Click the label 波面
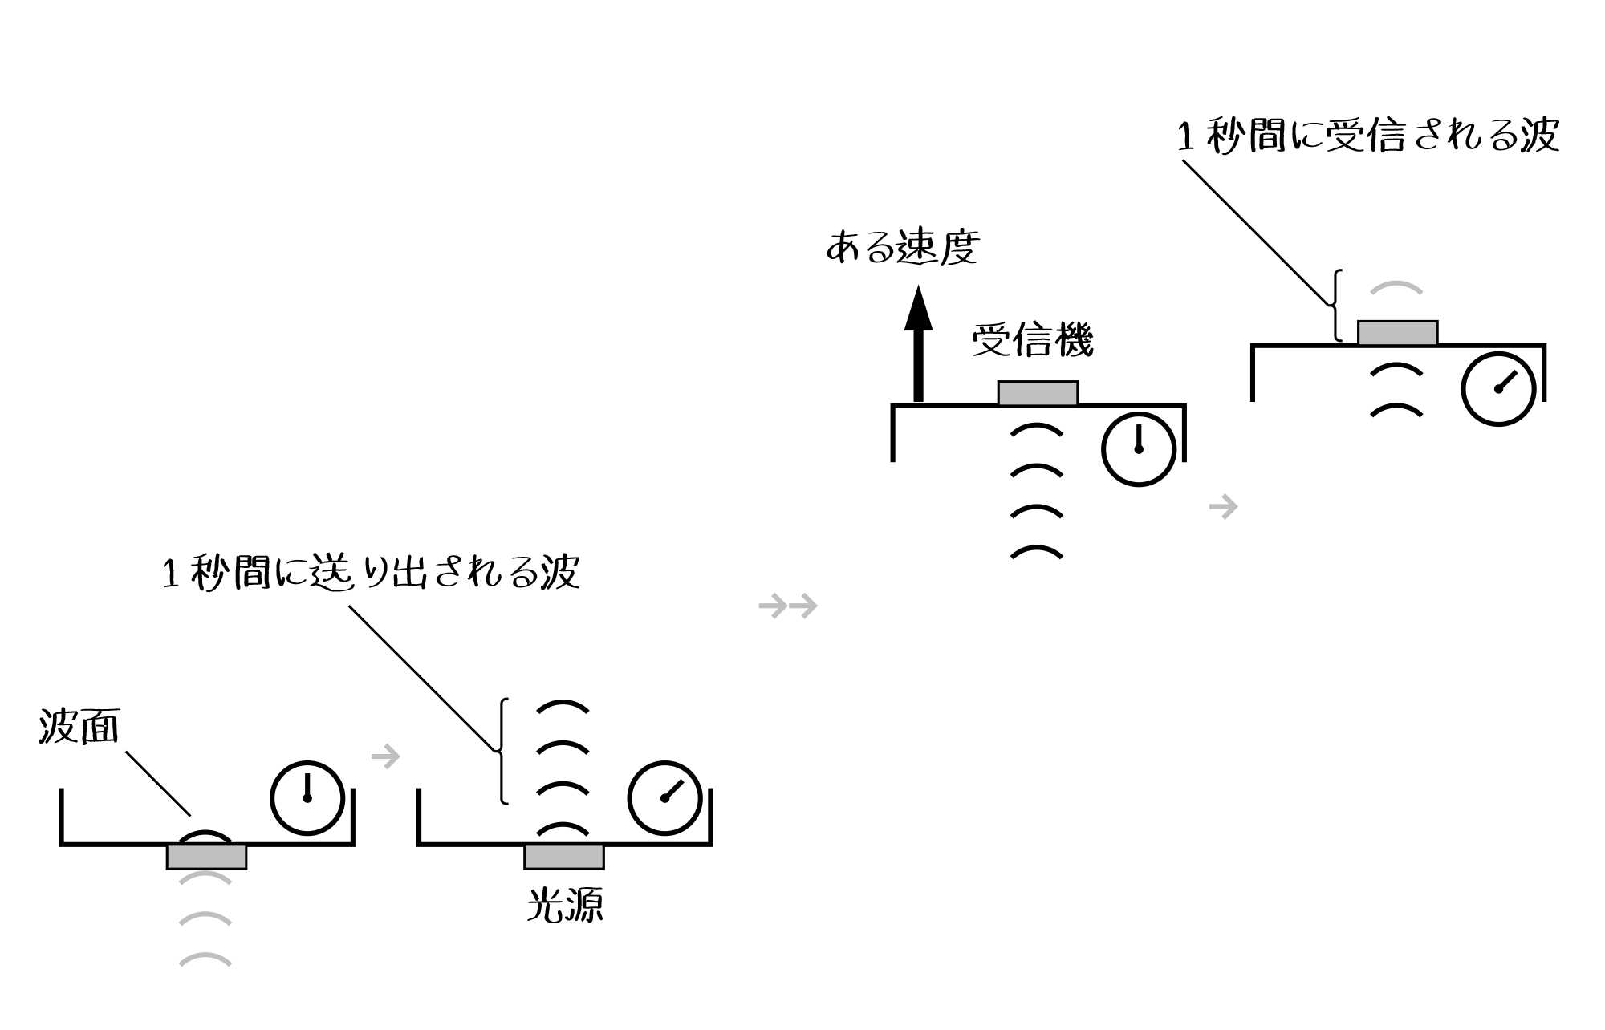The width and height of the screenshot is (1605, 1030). tap(79, 727)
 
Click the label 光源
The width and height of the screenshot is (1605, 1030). tap(565, 906)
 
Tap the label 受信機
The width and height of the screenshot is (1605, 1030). tap(1033, 339)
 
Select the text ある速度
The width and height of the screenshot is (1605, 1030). tap(903, 246)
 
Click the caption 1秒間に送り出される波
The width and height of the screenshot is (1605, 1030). tap(371, 573)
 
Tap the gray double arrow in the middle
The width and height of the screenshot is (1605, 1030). tap(788, 606)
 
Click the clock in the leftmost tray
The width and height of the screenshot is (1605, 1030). tap(307, 798)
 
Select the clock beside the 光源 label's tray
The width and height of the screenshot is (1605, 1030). tap(665, 798)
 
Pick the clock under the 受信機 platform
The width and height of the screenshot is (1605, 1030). tap(1139, 449)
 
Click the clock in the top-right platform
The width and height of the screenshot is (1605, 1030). tap(1498, 389)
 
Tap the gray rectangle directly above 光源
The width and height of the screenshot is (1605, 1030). tap(564, 857)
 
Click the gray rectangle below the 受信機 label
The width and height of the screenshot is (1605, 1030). tap(1038, 393)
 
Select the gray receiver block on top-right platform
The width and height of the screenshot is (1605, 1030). tap(1397, 333)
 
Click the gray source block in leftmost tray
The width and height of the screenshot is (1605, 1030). tap(206, 857)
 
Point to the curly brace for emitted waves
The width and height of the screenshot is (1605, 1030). tap(502, 751)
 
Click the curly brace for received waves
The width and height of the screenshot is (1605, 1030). tap(1335, 306)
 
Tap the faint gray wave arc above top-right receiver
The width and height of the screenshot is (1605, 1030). tap(1396, 288)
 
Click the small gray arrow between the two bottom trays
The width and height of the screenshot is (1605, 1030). tap(386, 756)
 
